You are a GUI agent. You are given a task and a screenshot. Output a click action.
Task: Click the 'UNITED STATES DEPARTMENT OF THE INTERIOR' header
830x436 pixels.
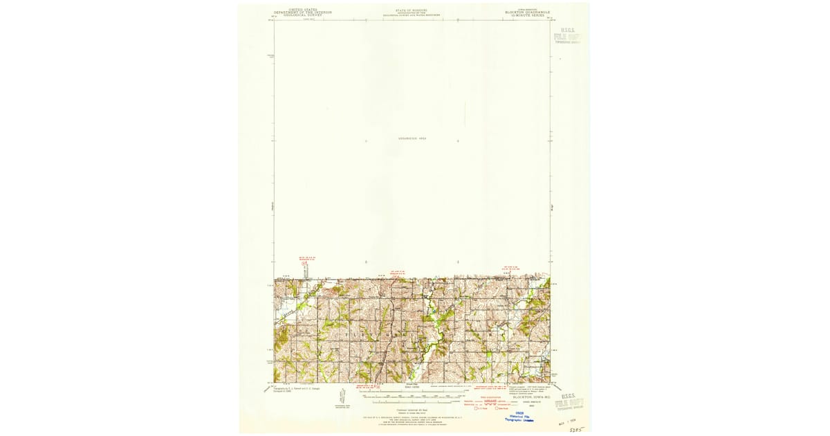(x=302, y=12)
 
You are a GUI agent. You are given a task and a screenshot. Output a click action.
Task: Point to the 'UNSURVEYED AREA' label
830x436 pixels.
(x=412, y=138)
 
